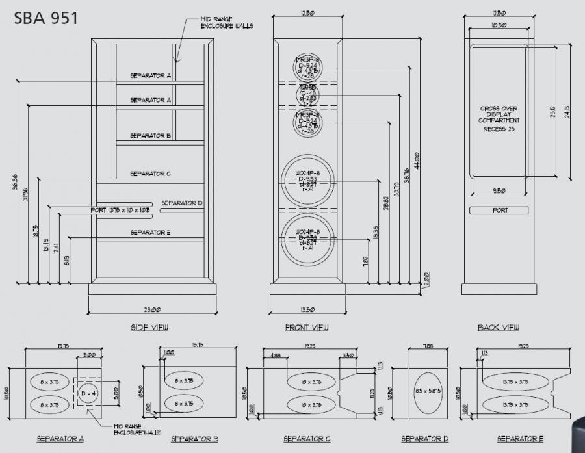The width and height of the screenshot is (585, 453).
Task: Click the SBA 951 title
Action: pos(46,18)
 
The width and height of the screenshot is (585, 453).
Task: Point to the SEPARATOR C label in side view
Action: pos(150,174)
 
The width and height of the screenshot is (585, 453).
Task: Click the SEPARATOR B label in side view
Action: pos(150,136)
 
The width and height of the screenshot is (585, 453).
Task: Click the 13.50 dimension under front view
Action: pos(307,310)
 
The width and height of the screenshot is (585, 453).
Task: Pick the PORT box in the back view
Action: pos(500,211)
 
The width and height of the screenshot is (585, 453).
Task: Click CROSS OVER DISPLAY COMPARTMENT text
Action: pos(499,115)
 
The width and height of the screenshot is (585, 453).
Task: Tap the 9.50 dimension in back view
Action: pos(499,191)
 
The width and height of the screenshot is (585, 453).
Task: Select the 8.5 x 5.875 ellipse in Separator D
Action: pos(428,394)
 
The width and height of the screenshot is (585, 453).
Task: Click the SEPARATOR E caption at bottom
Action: pos(518,439)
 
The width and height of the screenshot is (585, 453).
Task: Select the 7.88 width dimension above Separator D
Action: pos(428,346)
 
